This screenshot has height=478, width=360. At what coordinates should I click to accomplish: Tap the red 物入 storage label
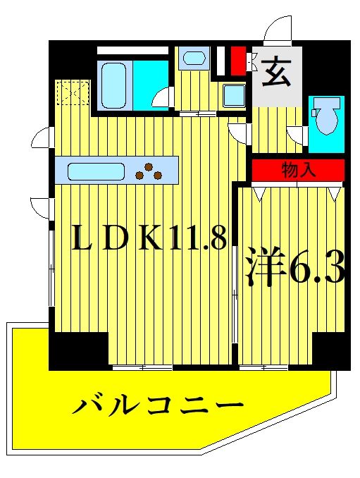tap(298, 169)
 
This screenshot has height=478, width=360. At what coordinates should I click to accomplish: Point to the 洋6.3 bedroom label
tap(294, 267)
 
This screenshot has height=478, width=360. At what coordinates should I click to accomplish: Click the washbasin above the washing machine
tap(191, 59)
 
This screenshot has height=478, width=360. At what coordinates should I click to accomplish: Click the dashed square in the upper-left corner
tap(74, 92)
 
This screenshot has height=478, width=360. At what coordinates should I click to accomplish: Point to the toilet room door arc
tap(297, 133)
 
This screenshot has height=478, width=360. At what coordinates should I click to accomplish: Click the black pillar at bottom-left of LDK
tap(78, 350)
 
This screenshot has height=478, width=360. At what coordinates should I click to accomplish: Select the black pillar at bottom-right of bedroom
tap(331, 350)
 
